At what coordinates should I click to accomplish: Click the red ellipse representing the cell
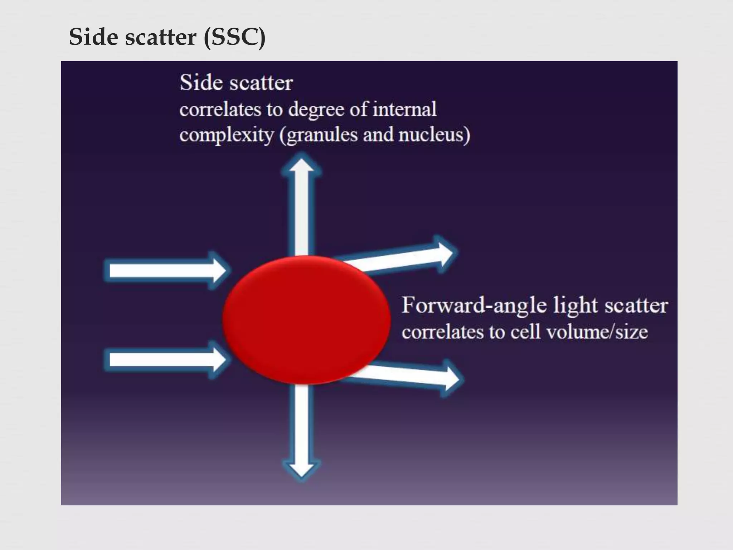click(x=306, y=319)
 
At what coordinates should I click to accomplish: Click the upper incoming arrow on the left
click(x=165, y=270)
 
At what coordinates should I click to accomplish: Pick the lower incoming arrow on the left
click(x=165, y=360)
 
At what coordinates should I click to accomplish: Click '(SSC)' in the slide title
click(x=234, y=37)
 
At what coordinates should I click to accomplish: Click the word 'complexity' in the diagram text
click(x=226, y=135)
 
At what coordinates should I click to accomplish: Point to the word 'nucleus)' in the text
click(x=434, y=135)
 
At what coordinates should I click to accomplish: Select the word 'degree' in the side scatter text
click(x=316, y=110)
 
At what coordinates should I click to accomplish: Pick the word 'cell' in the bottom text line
click(x=525, y=332)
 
